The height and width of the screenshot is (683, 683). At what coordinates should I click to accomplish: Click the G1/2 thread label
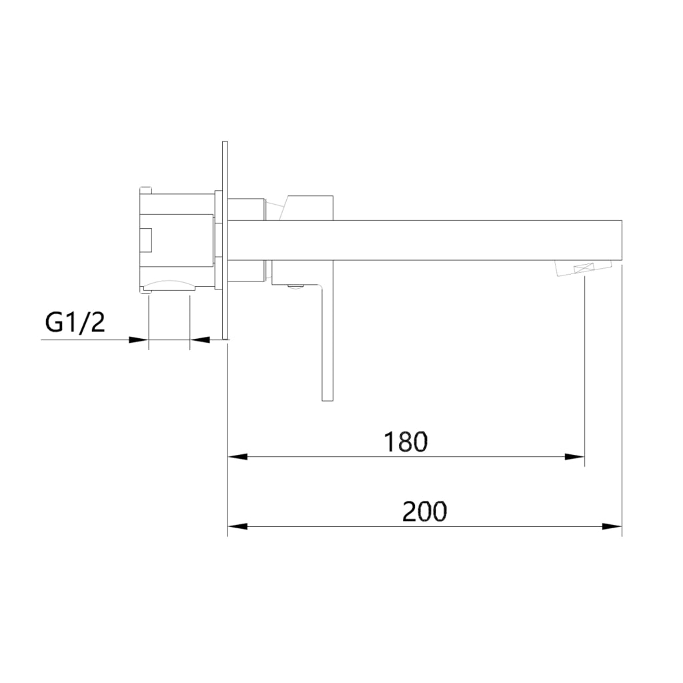pyautogui.click(x=75, y=323)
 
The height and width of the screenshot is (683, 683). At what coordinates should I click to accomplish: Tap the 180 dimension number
pyautogui.click(x=406, y=442)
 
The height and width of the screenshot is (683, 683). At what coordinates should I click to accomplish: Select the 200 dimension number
pyautogui.click(x=424, y=512)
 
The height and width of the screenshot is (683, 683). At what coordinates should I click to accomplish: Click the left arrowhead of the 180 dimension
pyautogui.click(x=238, y=456)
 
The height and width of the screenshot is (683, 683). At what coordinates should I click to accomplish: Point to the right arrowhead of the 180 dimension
pyautogui.click(x=574, y=456)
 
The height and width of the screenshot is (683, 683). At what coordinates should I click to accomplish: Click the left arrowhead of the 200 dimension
pyautogui.click(x=238, y=526)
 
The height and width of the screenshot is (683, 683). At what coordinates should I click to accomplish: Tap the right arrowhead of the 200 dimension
pyautogui.click(x=612, y=526)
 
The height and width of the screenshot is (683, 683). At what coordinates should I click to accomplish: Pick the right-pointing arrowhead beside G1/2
pyautogui.click(x=139, y=339)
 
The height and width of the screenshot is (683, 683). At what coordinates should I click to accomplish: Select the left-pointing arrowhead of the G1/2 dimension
pyautogui.click(x=200, y=339)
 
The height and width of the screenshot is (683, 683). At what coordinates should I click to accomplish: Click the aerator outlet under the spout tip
pyautogui.click(x=583, y=267)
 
